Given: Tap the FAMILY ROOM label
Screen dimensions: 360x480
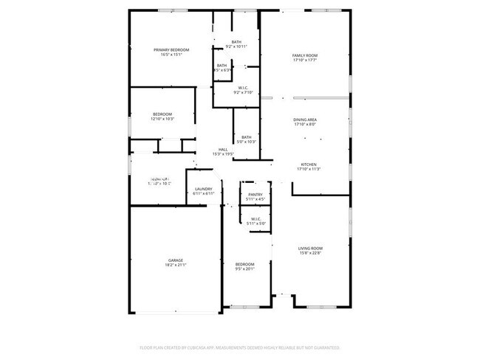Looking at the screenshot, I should pos(304,56).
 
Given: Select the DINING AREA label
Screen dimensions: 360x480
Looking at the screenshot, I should pos(305,119).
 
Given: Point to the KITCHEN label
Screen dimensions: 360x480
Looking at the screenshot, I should pos(309,164).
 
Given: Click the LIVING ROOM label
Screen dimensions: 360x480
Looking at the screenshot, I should pos(310,248).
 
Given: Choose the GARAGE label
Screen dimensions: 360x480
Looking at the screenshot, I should pos(175,260).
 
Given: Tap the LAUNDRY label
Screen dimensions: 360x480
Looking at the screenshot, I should pos(203,189).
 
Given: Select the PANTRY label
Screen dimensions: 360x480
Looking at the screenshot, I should pos(256,194).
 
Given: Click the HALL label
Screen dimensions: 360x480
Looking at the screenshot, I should pos(222,149).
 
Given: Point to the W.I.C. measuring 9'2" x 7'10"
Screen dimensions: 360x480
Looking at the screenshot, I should pos(243,88).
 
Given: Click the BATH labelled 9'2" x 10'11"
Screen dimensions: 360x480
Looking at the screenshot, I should pos(236,41).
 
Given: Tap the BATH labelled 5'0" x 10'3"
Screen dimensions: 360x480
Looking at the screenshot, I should pos(246,136).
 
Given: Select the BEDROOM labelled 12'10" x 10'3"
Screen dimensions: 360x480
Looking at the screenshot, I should pos(162,114).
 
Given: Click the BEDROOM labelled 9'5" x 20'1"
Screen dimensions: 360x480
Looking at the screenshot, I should pos(244,264).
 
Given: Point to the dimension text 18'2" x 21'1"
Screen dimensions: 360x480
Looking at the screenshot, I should pos(175,265).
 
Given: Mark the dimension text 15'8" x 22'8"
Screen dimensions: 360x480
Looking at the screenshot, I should pos(310,253).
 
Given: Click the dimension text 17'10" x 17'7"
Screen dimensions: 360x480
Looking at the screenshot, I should pos(304,60).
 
